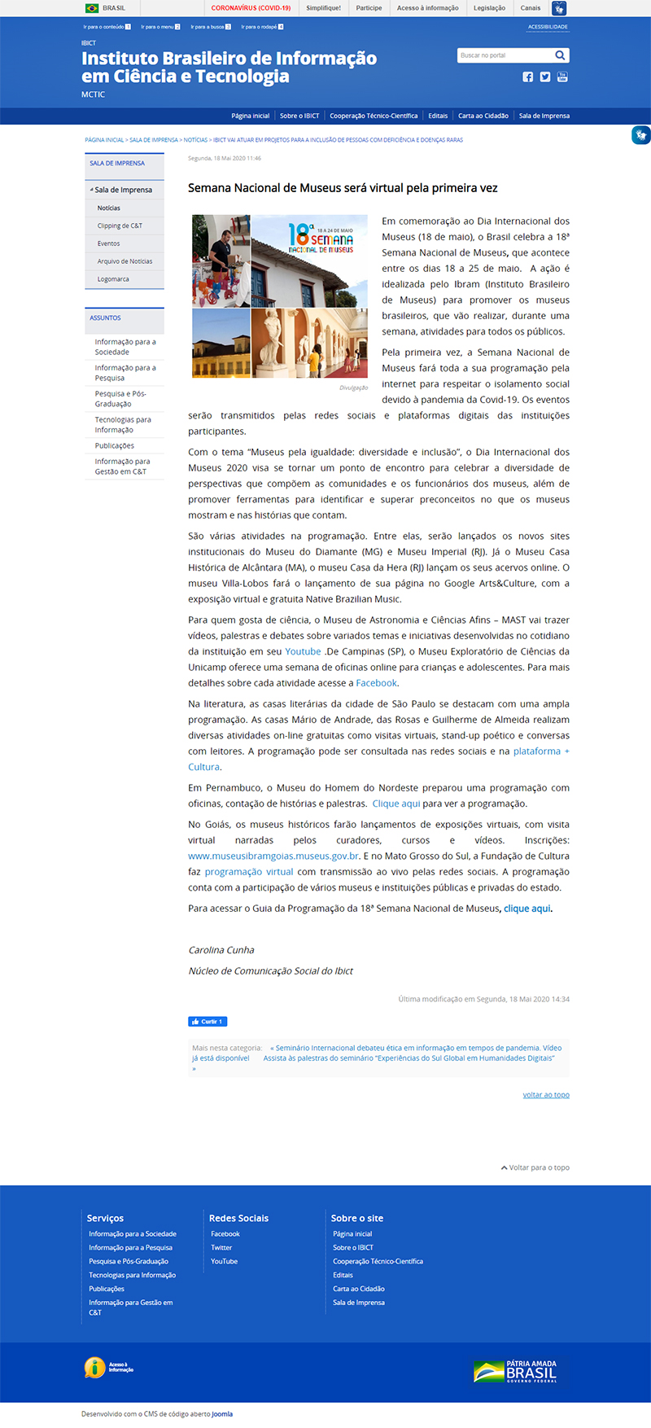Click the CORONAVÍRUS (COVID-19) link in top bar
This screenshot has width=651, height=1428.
pos(251,8)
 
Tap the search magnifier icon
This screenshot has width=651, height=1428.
pos(560,55)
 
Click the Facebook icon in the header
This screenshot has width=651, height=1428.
pos(528,77)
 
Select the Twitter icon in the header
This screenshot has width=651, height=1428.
pos(545,77)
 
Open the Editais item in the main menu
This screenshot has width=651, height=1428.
pos(438,116)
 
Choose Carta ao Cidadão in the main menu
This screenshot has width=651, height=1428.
pos(483,116)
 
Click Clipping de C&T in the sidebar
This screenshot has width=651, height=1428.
pos(120,226)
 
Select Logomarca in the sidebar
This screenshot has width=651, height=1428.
pos(113,279)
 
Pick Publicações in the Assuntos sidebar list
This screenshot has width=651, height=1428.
pos(115,446)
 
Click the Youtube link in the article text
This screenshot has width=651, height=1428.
pos(303,651)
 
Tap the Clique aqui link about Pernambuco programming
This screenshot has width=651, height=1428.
pos(396,804)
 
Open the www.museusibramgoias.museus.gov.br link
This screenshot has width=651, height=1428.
pos(273,856)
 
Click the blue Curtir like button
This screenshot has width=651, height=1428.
pos(208,1021)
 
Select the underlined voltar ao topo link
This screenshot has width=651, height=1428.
pos(546,1095)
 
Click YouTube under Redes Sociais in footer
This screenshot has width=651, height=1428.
pos(225,1261)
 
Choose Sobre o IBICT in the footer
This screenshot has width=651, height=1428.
pos(353,1247)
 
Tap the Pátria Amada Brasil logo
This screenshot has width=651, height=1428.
pos(515,1371)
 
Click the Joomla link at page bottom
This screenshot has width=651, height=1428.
pos(222,1414)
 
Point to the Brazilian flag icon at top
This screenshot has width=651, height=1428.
pos(92,8)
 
